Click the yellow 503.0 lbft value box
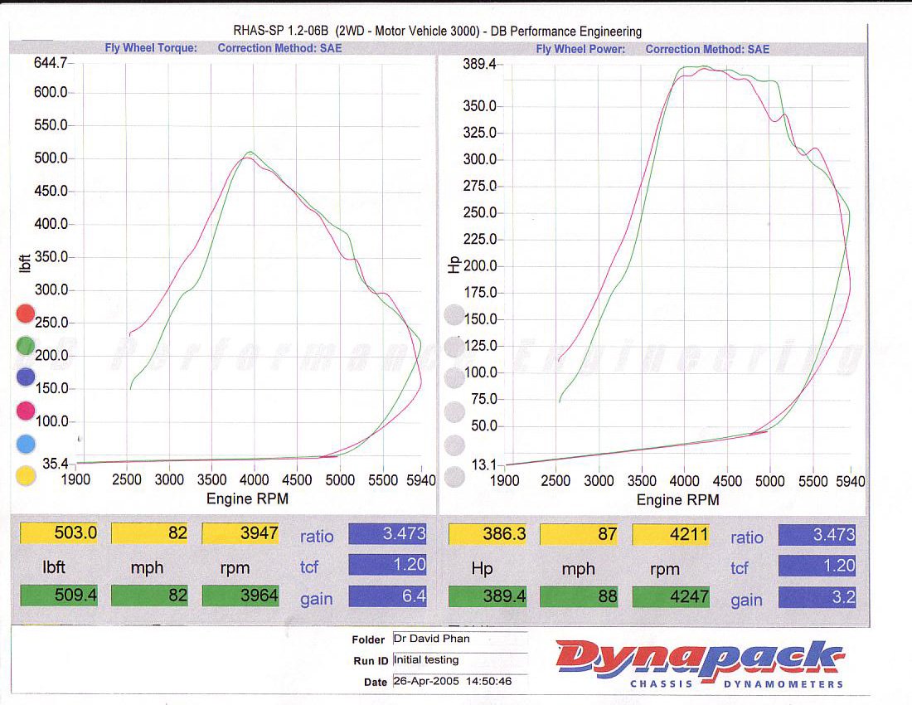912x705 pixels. pyautogui.click(x=59, y=533)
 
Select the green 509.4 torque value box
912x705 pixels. pyautogui.click(x=59, y=596)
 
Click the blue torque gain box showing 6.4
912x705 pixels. pyautogui.click(x=388, y=596)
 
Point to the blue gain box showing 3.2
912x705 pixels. pyautogui.click(x=817, y=596)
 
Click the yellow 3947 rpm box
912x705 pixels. pyautogui.click(x=239, y=533)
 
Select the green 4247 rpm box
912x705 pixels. pyautogui.click(x=669, y=596)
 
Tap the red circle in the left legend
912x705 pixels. pyautogui.click(x=26, y=314)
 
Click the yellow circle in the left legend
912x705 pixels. pyautogui.click(x=26, y=475)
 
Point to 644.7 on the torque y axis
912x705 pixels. pyautogui.click(x=51, y=63)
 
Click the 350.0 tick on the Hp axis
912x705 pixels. pyautogui.click(x=480, y=106)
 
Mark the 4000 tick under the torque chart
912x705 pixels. pyautogui.click(x=255, y=479)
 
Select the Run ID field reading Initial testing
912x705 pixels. pyautogui.click(x=458, y=660)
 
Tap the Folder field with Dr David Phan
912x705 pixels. pyautogui.click(x=458, y=639)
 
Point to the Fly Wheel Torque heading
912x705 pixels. pyautogui.click(x=151, y=48)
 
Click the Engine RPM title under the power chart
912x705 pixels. pyautogui.click(x=677, y=500)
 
